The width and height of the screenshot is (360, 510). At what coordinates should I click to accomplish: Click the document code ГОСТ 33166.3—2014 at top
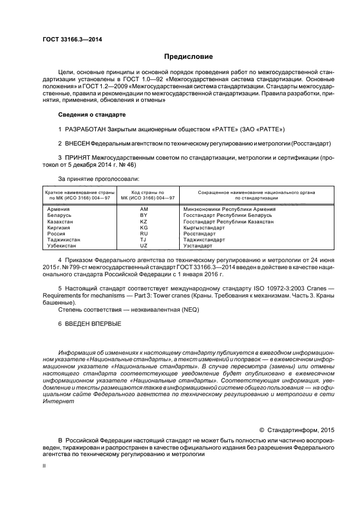(72, 39)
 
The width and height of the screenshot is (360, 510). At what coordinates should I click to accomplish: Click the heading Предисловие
(189, 56)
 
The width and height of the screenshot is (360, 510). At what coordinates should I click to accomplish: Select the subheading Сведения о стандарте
(91, 116)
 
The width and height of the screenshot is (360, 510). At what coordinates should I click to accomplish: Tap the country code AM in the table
(144, 209)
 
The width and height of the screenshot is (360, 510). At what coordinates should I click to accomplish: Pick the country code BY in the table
(144, 215)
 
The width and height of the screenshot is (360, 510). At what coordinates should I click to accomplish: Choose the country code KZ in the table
(144, 222)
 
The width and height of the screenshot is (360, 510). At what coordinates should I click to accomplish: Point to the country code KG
(144, 228)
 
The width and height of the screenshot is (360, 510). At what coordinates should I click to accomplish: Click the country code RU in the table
(144, 234)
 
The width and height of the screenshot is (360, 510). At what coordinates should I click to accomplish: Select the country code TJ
(144, 240)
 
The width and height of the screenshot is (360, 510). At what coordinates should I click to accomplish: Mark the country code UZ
(144, 246)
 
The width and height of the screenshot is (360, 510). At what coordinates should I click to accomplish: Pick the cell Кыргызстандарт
(204, 228)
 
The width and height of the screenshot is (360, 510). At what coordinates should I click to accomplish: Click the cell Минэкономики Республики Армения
(227, 209)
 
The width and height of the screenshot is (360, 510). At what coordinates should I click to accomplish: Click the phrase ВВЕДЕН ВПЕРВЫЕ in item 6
(93, 324)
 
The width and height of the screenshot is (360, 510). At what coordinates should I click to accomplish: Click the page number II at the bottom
(45, 466)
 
